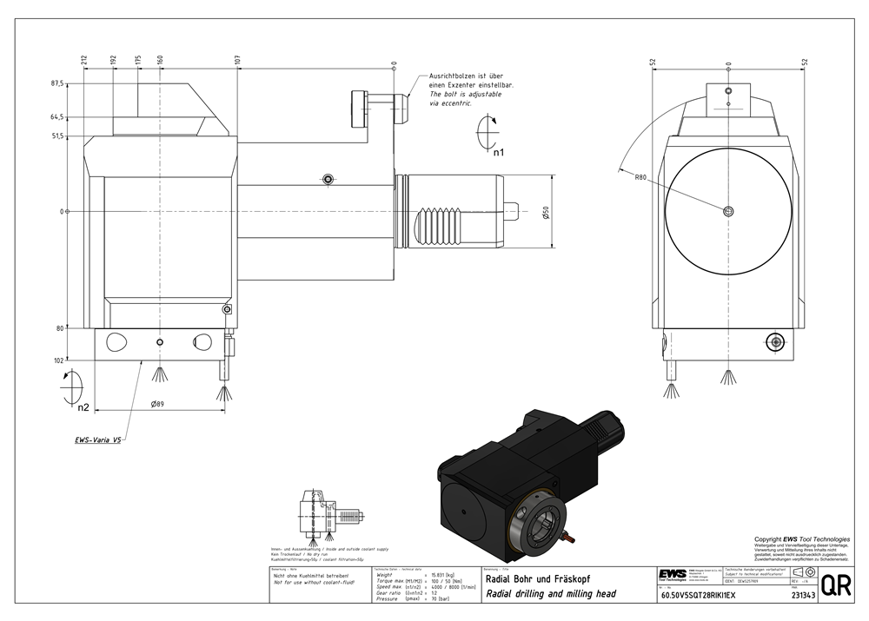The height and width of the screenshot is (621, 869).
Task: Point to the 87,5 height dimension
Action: (x=59, y=83)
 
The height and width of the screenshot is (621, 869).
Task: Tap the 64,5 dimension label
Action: (x=59, y=116)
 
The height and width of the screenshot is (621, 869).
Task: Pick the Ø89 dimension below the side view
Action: (x=158, y=403)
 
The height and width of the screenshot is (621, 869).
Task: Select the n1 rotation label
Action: (x=498, y=153)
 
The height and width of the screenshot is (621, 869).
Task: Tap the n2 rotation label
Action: (x=83, y=406)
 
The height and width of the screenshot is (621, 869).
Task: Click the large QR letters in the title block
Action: (x=836, y=585)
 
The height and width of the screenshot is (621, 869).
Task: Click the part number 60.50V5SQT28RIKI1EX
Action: (x=698, y=596)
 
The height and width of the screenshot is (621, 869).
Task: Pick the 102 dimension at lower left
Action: (x=59, y=360)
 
